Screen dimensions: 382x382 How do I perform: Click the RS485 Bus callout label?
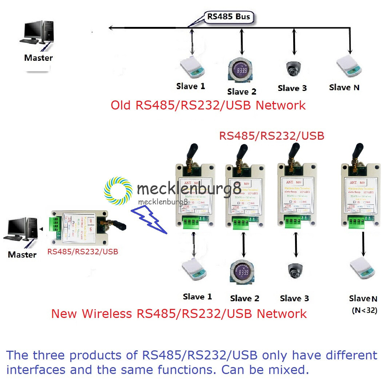pyautogui.click(x=228, y=17)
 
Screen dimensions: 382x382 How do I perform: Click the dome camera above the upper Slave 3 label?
pyautogui.click(x=293, y=67)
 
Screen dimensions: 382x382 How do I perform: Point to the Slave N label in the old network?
pyautogui.click(x=345, y=87)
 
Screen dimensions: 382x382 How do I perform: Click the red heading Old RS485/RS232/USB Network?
pyautogui.click(x=208, y=105)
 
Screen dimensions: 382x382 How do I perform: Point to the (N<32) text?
pyautogui.click(x=364, y=310)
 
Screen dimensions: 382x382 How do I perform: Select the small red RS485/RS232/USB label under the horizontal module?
pyautogui.click(x=83, y=251)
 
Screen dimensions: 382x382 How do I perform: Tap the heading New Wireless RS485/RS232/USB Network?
pyautogui.click(x=179, y=313)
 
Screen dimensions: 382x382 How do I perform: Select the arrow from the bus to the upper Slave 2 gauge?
pyautogui.click(x=241, y=42)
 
